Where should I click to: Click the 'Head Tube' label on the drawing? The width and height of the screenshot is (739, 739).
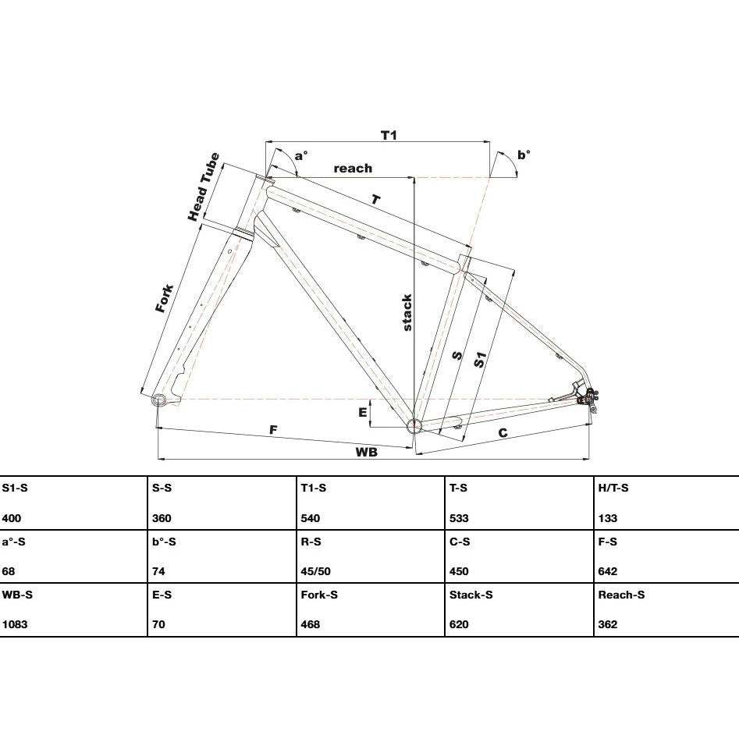coord(204,187)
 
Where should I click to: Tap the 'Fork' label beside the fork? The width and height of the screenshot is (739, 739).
coord(165,298)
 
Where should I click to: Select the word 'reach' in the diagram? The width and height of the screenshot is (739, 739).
coord(353,169)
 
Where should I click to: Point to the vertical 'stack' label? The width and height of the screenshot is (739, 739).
coord(407,312)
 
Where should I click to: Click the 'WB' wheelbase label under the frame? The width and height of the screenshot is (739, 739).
coord(366,452)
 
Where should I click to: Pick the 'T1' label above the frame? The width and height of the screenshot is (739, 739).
coord(389,135)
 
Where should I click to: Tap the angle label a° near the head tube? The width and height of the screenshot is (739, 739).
coord(300,155)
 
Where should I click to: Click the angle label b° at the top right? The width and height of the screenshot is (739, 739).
coord(524,155)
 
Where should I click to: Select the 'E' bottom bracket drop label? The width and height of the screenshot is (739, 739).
coord(362,412)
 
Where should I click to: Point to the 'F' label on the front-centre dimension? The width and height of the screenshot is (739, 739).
coord(273,430)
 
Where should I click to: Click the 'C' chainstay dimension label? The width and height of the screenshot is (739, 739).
coord(503,432)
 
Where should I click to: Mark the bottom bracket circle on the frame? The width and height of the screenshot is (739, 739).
coord(414,425)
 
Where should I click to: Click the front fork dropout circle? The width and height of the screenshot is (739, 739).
coord(159,400)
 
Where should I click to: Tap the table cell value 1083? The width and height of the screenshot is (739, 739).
coord(15,624)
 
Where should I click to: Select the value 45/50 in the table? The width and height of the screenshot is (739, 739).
coord(316,571)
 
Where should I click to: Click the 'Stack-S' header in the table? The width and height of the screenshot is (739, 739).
coord(471,595)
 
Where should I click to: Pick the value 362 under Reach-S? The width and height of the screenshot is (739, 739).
coord(607,624)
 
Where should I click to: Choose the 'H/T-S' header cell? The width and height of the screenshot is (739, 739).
coord(613,488)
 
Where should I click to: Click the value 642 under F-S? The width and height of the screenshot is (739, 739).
coord(607,571)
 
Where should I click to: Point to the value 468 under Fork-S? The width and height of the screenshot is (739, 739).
coord(311,624)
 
